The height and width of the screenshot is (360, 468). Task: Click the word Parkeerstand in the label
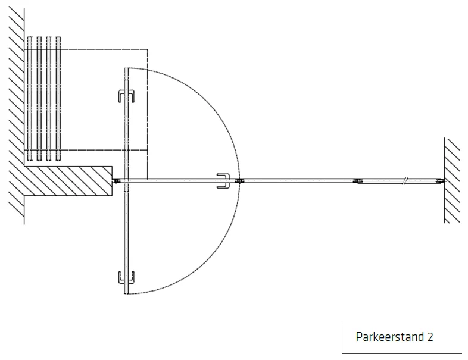pyautogui.click(x=390, y=337)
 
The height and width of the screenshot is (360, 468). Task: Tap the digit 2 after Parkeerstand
pyautogui.click(x=430, y=337)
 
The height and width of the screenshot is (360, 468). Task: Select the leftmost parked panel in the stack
pyautogui.click(x=30, y=98)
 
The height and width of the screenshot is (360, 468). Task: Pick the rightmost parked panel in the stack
pyautogui.click(x=58, y=98)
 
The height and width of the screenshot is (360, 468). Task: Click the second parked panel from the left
pyautogui.click(x=39, y=98)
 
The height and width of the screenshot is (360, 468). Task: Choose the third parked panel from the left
pyautogui.click(x=49, y=98)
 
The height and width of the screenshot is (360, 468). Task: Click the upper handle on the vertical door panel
pyautogui.click(x=127, y=96)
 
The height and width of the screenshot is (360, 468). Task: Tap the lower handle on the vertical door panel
pyautogui.click(x=127, y=277)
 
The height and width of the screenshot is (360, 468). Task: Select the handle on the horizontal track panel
pyautogui.click(x=224, y=181)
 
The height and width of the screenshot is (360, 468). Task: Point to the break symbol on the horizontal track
pyautogui.click(x=404, y=181)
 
